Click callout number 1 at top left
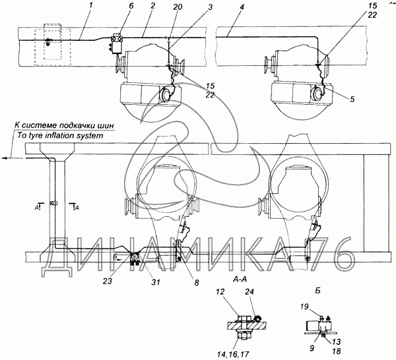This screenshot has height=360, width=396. point(90,5)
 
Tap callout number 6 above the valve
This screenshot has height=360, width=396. point(131,6)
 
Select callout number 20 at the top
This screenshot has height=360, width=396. point(178,7)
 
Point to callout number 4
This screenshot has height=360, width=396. point(242,7)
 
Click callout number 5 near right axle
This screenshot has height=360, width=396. point(352,99)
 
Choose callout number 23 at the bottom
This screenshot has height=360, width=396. point(108,281)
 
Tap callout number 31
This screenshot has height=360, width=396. point(156,282)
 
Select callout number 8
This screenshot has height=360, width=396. point(197,282)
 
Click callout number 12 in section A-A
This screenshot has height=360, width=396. point(220,292)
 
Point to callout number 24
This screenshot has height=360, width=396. point(249,292)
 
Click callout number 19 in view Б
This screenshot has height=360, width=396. point(304,307)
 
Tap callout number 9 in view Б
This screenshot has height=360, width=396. point(312,348)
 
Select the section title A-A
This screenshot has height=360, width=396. point(240,279)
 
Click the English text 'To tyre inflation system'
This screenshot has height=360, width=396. point(60,136)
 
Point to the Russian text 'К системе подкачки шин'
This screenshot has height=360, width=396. point(64,125)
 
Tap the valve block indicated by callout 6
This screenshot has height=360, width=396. point(117,43)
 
